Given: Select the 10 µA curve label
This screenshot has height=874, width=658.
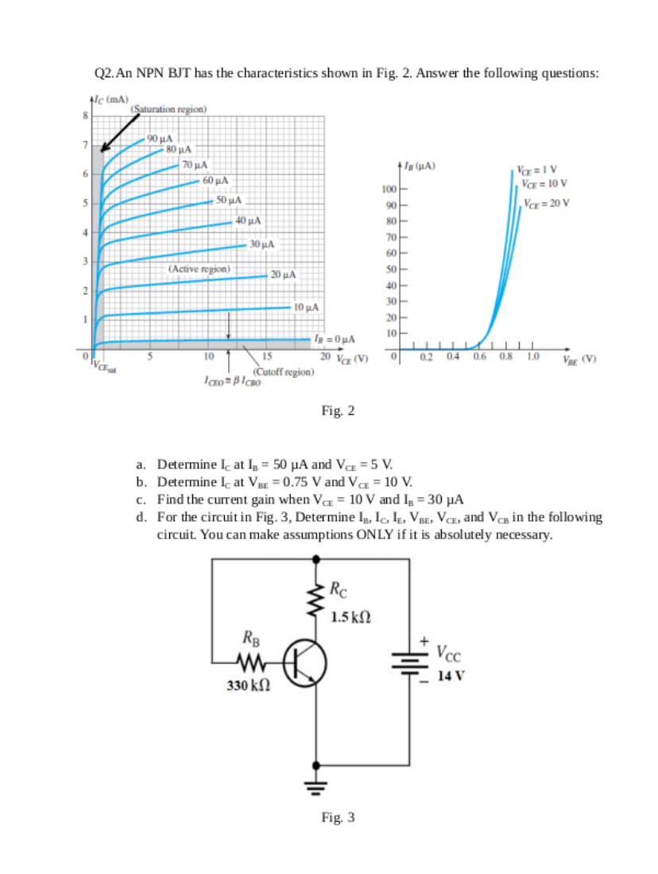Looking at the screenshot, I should coord(306,307).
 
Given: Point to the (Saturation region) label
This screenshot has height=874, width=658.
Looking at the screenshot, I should coord(168,108).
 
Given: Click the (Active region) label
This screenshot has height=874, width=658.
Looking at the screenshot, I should coord(199,270).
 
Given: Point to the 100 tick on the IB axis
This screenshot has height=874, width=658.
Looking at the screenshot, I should coord(388,189).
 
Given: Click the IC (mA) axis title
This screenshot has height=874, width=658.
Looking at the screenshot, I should coord(110,99).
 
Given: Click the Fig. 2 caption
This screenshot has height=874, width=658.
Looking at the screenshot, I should coord(338,410).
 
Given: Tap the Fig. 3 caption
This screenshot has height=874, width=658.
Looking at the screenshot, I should coord(338,817).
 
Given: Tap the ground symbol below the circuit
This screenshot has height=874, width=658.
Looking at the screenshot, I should coord(317,789).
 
